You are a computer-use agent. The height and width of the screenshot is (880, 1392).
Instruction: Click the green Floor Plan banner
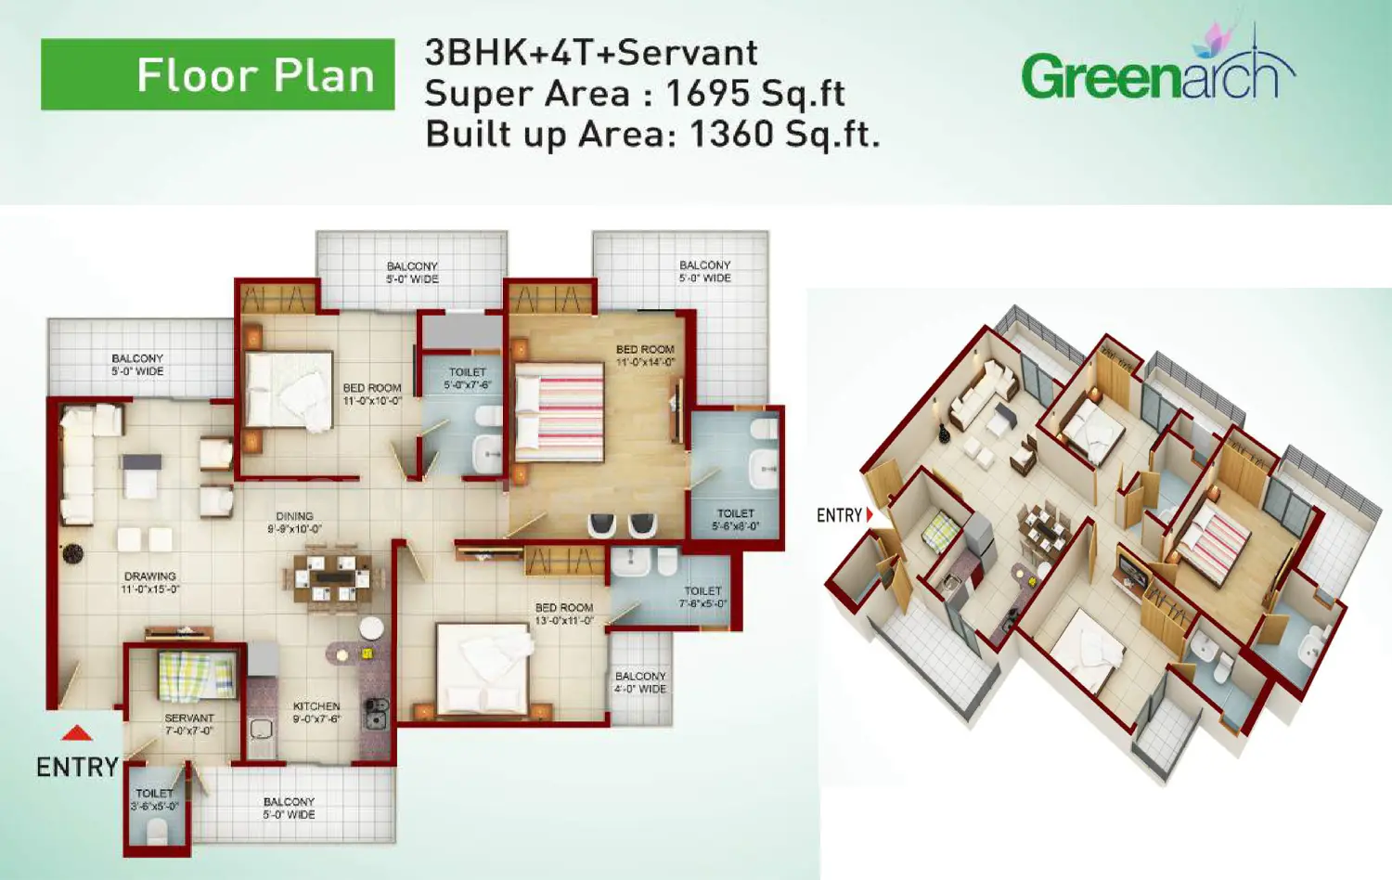click(x=218, y=74)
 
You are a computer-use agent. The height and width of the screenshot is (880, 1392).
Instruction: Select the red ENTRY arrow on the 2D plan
click(x=77, y=733)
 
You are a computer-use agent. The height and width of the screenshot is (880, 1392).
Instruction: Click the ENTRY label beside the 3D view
click(x=840, y=515)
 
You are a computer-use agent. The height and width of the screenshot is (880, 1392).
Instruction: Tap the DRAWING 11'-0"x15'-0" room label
click(x=150, y=583)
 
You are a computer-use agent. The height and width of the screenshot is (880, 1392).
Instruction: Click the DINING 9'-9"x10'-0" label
click(x=294, y=523)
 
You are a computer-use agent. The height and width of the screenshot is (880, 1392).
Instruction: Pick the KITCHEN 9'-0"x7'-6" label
click(x=316, y=712)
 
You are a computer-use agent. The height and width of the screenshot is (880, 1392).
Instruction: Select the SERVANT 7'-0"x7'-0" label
click(x=189, y=724)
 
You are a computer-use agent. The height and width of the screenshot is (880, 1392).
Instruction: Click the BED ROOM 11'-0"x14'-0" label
click(x=645, y=356)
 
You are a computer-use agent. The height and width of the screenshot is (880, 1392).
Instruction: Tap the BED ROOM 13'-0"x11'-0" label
click(x=563, y=614)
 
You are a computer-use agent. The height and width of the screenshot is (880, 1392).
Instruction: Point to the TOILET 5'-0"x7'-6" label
click(x=468, y=378)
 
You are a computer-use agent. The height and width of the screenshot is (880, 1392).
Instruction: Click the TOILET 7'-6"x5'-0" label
click(x=702, y=597)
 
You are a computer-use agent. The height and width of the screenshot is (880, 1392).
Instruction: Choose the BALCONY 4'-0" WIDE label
click(x=640, y=682)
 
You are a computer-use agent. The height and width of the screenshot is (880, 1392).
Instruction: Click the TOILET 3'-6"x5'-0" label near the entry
click(x=154, y=799)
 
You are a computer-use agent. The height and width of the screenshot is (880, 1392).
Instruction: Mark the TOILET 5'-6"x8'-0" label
click(x=736, y=520)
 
